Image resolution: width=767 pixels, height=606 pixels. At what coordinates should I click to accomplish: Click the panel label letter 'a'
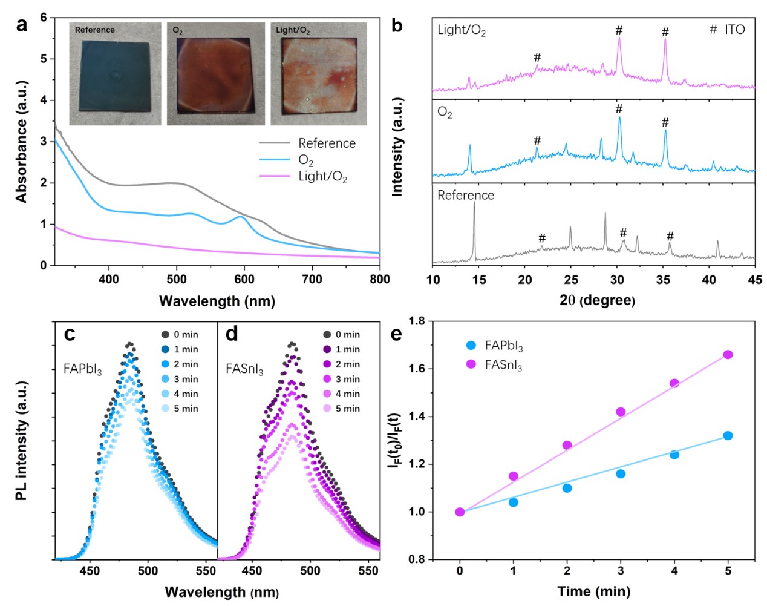coord(22,25)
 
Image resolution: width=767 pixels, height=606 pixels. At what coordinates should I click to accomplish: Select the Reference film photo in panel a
coord(115,74)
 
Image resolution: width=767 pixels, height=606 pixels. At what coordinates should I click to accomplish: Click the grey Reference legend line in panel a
coord(275,143)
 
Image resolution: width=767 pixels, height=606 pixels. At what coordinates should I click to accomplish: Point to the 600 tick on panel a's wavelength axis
coord(244,279)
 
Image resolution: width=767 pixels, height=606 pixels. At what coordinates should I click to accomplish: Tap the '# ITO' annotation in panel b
coord(727,30)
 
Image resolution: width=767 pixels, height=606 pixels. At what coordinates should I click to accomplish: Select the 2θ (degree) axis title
coord(596,300)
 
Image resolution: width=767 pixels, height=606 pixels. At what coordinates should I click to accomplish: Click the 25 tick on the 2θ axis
coord(571,280)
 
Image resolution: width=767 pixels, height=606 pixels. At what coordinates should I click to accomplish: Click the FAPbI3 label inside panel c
coord(82,369)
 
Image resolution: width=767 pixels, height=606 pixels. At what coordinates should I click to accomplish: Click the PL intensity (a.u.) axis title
coord(22,440)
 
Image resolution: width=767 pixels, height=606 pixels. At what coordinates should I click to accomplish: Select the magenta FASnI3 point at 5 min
coord(728,354)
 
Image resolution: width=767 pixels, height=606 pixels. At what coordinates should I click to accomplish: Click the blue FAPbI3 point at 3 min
coord(621,473)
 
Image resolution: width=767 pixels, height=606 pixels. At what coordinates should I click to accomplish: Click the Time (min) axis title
coord(593,591)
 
